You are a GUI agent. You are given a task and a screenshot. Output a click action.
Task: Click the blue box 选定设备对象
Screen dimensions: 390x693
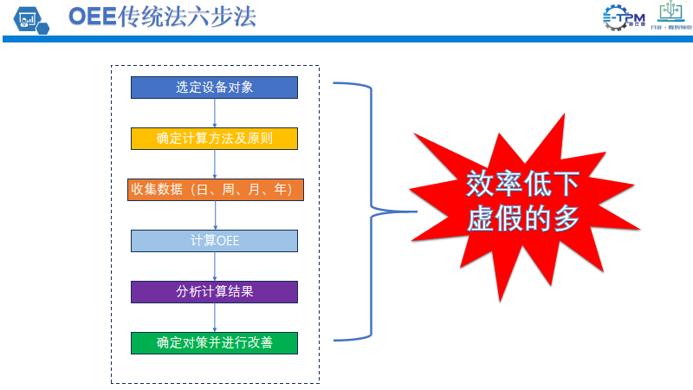point(214,87)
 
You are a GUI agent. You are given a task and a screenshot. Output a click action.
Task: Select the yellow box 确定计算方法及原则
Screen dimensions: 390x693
point(214,138)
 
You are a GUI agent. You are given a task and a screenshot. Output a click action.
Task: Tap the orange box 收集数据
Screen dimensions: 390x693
point(214,190)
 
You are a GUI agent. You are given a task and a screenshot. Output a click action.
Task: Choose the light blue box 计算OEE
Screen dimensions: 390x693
point(214,240)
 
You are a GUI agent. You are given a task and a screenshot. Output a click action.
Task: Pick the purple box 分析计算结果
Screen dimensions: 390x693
point(214,291)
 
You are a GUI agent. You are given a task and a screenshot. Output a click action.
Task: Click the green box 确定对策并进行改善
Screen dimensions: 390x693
point(214,342)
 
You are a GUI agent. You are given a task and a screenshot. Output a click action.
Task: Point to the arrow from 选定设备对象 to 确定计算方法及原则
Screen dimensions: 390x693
point(214,113)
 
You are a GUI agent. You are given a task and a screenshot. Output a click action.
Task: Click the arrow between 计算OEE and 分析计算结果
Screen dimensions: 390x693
point(214,266)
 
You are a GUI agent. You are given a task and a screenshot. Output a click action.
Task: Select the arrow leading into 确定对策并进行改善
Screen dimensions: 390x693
point(214,317)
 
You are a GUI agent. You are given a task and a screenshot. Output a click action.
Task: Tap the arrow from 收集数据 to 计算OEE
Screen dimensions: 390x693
point(214,216)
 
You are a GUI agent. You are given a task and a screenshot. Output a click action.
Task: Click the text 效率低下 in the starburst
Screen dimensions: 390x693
point(522,185)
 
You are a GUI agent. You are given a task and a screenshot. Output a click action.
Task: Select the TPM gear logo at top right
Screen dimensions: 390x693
point(623,17)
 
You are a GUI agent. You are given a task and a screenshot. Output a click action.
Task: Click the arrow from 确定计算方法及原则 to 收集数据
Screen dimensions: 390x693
point(214,164)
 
